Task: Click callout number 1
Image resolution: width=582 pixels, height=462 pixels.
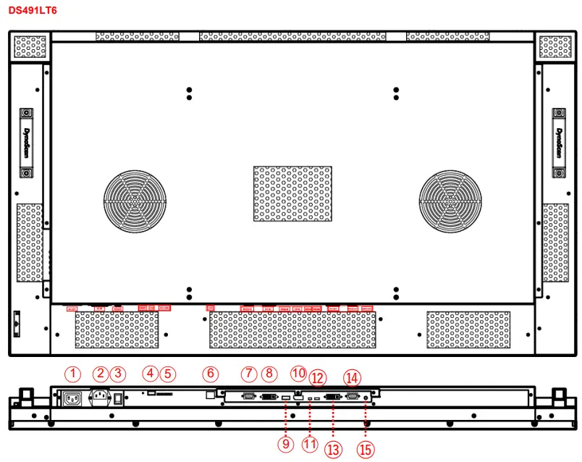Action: [72, 374]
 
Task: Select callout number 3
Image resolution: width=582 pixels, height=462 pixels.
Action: [118, 374]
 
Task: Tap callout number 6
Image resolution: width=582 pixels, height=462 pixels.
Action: [210, 374]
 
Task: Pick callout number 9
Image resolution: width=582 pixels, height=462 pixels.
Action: [285, 443]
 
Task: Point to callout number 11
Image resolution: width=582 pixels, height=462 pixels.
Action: [310, 443]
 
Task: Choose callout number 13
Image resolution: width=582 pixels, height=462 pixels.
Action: [333, 449]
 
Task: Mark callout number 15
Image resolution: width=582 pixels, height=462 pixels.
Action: [366, 449]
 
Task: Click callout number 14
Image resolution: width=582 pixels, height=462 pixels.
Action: [352, 377]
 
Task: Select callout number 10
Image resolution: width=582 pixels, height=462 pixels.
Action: [298, 373]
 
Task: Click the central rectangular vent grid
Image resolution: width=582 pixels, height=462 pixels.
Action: [292, 193]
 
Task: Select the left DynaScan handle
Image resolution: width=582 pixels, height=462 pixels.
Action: [25, 143]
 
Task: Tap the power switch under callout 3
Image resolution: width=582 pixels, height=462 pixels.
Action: [117, 398]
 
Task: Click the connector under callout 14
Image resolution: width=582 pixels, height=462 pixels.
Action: [353, 397]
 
